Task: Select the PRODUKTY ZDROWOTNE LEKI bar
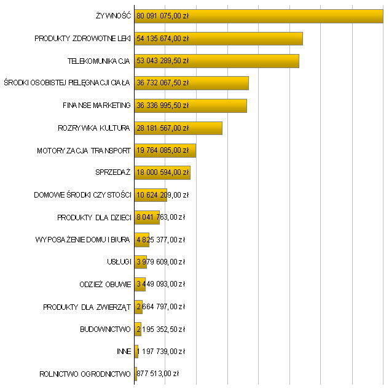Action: pos(246,39)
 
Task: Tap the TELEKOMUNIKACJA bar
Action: pos(246,61)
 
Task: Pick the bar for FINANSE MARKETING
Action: pos(215,106)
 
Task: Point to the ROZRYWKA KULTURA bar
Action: pos(203,128)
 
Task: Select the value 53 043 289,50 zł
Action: pos(163,61)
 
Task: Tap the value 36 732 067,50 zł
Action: pos(163,83)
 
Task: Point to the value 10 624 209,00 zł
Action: pos(163,195)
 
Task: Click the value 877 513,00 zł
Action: pos(158,373)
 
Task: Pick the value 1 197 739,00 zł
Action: pos(161,351)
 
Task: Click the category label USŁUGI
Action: pos(119,262)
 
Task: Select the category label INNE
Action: pos(123,351)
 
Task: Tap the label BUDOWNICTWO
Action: pos(105,329)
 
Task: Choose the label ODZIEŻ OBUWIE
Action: pos(104,284)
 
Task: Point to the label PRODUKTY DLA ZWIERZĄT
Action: pos(87,306)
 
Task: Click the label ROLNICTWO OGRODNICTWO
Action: pos(85,373)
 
